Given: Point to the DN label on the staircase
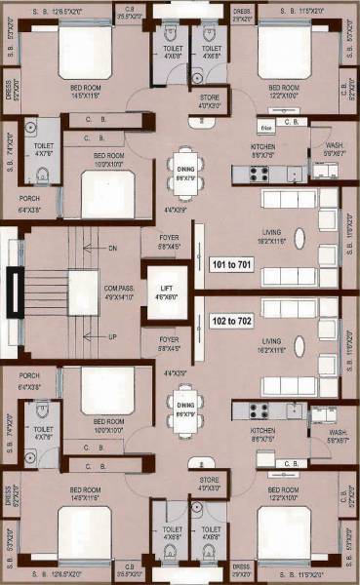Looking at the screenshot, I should coord(113,250).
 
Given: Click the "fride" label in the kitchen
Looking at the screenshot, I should coord(265,128).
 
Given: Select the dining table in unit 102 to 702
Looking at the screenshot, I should coord(181,400).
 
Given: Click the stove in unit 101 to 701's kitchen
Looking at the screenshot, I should coord(259,174).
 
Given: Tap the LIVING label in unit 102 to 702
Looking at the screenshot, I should coord(260,341).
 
